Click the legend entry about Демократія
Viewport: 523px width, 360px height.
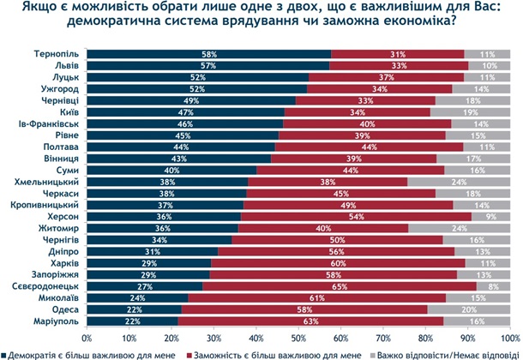click(91, 352)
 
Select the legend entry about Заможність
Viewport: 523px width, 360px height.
click(265, 352)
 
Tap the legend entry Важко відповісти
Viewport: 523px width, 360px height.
click(442, 352)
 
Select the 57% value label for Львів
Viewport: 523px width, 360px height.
click(207, 65)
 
